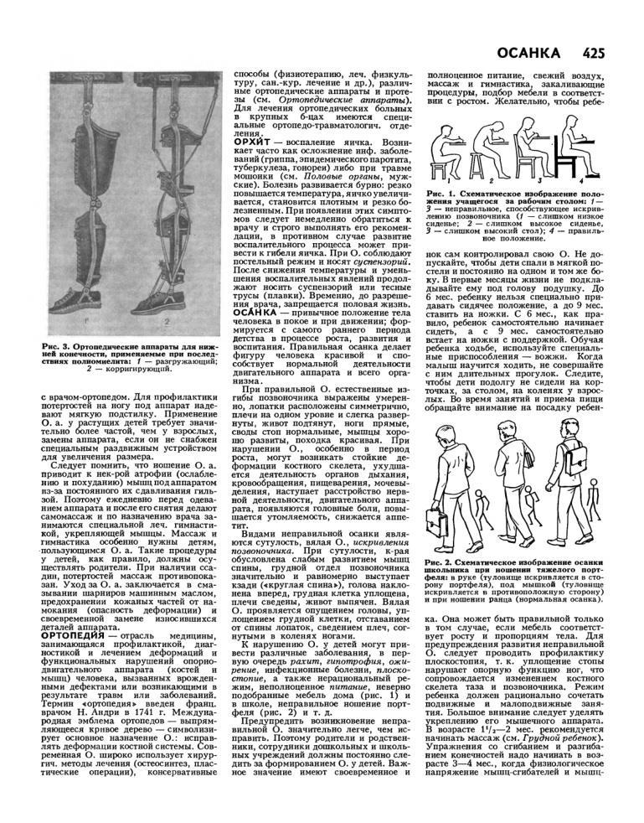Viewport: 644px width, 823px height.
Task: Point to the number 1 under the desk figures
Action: coord(449,179)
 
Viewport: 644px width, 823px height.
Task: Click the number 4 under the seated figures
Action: coord(580,180)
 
